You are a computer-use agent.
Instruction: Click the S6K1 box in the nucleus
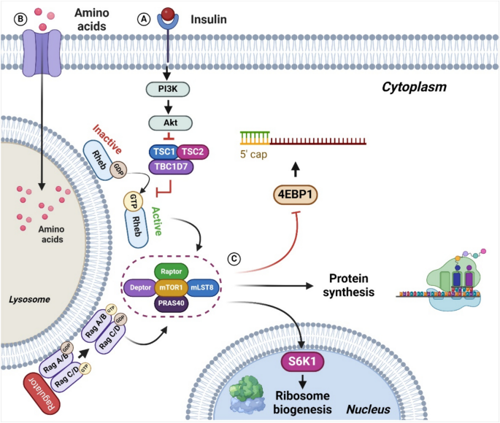pyautogui.click(x=300, y=360)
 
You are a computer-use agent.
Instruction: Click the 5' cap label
pyautogui.click(x=255, y=155)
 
